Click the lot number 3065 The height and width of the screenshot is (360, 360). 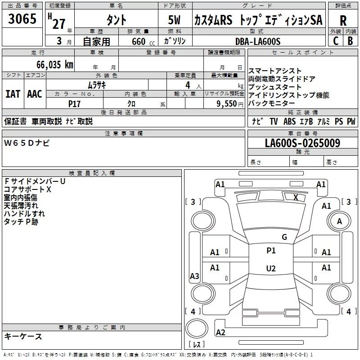click(22, 18)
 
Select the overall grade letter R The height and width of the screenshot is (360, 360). click(343, 20)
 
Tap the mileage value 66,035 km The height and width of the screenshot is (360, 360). click(55, 64)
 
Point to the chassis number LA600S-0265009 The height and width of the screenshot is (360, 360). click(302, 143)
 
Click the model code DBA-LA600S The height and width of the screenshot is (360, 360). click(258, 41)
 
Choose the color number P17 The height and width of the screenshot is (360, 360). click(74, 104)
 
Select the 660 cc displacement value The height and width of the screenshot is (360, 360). click(143, 41)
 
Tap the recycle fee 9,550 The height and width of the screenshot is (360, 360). click(227, 103)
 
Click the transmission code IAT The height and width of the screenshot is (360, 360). click(13, 94)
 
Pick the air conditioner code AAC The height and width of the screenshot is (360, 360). click(35, 94)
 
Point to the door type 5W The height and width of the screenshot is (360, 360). click(174, 20)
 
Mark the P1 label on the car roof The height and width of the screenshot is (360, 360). click(271, 251)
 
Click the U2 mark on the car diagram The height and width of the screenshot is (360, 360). click(271, 268)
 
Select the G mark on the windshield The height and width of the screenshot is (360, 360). click(284, 237)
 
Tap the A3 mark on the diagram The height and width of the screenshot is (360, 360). click(194, 276)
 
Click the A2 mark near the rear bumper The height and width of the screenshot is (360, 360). click(220, 332)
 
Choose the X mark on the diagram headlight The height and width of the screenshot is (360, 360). click(296, 197)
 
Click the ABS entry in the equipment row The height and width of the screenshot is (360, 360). click(289, 121)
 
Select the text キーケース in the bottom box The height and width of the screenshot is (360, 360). click(23, 336)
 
